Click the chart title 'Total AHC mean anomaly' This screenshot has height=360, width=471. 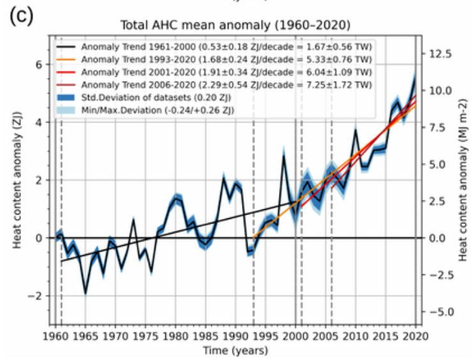coord(236,25)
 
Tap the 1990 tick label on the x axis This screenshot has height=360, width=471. coord(235,335)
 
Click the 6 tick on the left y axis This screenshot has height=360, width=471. coord(38,64)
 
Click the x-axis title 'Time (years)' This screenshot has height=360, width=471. coord(235,350)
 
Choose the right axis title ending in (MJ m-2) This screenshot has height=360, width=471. coord(462,179)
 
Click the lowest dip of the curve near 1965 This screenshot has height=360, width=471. coord(86,294)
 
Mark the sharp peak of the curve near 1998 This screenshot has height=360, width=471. coord(283,156)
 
